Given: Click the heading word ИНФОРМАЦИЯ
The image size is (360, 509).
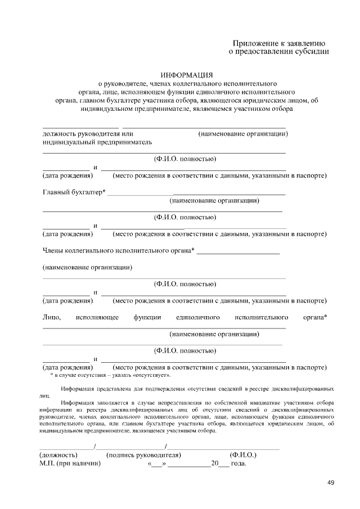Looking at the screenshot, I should click(187, 75).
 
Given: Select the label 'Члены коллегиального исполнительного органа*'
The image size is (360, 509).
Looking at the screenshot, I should click(119, 250).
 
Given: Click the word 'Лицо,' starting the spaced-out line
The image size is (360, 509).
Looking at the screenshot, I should click(52, 318).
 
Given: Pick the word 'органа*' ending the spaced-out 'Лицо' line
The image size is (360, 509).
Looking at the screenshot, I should click(315, 318).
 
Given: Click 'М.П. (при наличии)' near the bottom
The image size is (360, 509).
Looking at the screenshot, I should click(70, 464).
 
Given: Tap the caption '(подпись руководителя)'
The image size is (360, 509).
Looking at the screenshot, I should click(143, 454).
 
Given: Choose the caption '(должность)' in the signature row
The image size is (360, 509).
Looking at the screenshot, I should click(58, 454).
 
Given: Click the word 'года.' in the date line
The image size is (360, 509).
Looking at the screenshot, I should click(238, 464).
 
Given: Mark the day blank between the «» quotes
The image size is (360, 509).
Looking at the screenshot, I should click(156, 465).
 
